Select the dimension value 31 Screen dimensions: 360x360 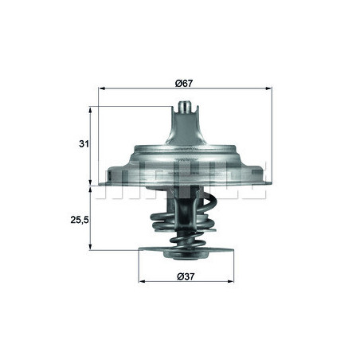tap(83, 143)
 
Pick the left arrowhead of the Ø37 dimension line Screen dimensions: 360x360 tap(141, 282)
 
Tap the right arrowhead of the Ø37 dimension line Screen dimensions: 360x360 tap(233, 282)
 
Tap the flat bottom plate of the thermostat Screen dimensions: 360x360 tap(186, 248)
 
